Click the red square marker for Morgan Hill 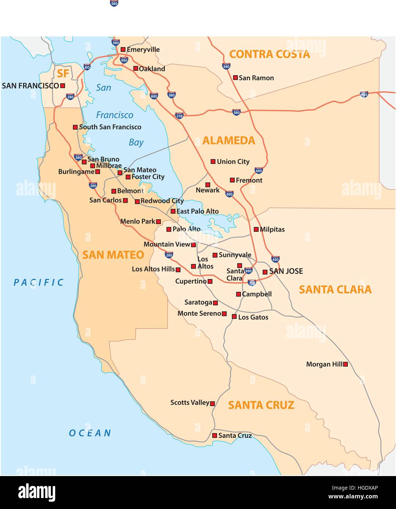(x=345, y=364)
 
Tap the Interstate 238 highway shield (x=179, y=116)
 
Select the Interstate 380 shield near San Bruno (x=78, y=157)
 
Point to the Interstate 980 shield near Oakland (x=124, y=60)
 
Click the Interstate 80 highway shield (x=87, y=67)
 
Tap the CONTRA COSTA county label (x=269, y=54)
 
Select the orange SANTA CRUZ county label (x=261, y=405)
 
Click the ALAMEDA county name (x=229, y=140)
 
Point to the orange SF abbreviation (x=63, y=74)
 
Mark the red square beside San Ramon (x=235, y=78)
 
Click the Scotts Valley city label (x=189, y=402)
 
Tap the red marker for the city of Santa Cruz (x=215, y=435)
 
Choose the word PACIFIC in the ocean (x=39, y=282)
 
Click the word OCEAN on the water (x=90, y=433)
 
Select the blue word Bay (x=136, y=142)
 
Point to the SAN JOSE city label (x=286, y=271)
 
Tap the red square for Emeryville (x=123, y=49)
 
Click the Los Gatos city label (x=253, y=317)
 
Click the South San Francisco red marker (x=75, y=127)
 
